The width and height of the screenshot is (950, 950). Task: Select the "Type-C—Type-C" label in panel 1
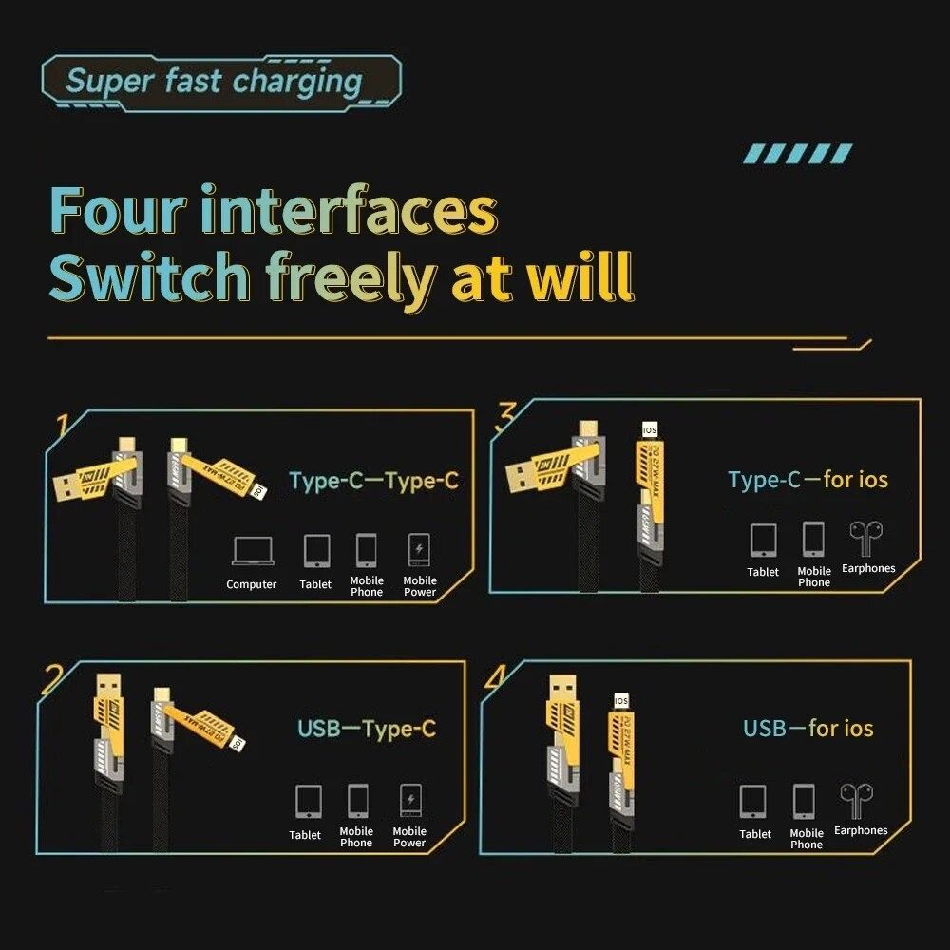click(x=373, y=481)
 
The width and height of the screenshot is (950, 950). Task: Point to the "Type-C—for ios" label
click(x=808, y=480)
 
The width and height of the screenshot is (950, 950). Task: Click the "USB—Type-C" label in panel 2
click(x=367, y=730)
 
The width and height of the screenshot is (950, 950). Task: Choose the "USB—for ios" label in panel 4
click(x=807, y=729)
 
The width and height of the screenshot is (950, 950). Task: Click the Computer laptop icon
click(x=252, y=551)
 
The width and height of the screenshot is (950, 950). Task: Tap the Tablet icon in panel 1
click(x=316, y=551)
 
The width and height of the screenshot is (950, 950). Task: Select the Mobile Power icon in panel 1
click(x=419, y=551)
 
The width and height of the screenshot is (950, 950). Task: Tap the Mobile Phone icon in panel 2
click(x=357, y=801)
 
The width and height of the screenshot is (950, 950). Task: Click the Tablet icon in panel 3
click(x=763, y=540)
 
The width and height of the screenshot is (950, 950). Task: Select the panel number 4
click(x=495, y=676)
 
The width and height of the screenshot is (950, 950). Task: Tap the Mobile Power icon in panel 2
click(x=409, y=801)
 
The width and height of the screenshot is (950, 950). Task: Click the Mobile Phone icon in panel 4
click(x=805, y=803)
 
